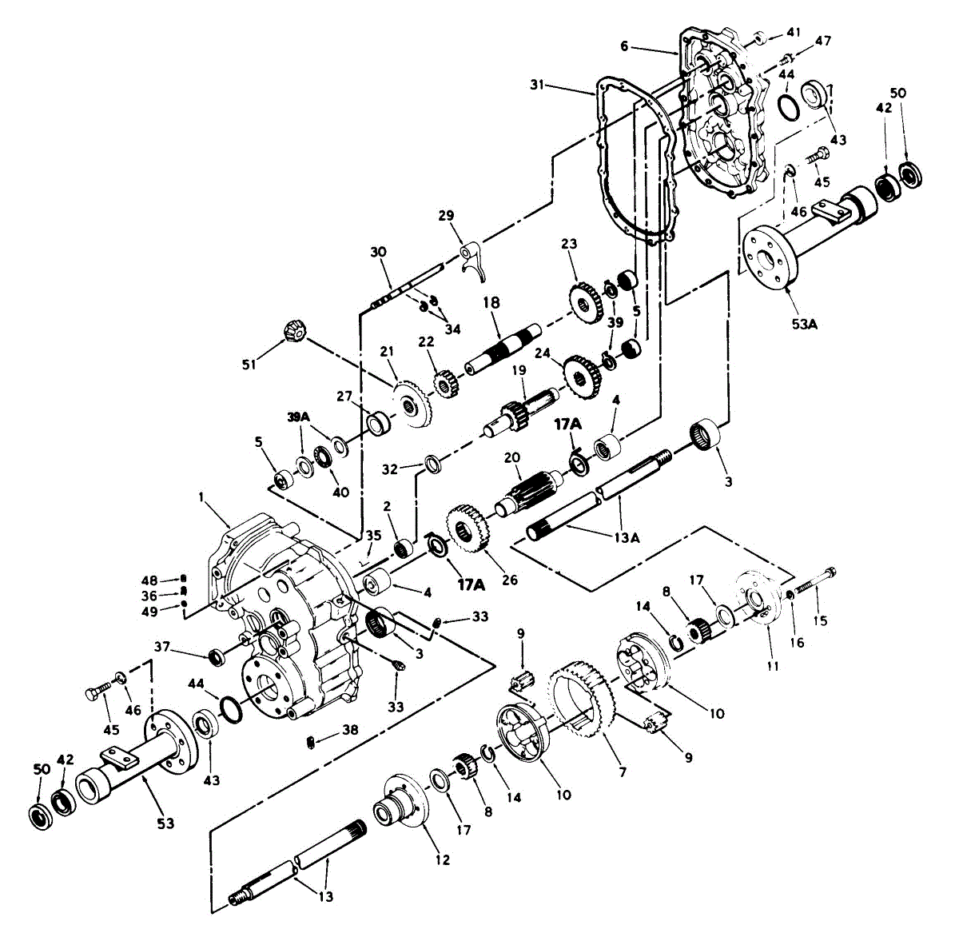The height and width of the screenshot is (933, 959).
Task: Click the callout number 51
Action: [249, 365]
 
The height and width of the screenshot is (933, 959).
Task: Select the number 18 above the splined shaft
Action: [491, 304]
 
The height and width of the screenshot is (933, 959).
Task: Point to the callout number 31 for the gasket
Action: [537, 83]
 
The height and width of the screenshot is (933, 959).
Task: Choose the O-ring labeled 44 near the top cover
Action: [787, 106]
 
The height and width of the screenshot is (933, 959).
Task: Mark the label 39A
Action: [300, 417]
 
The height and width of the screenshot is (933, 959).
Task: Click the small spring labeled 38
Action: [312, 744]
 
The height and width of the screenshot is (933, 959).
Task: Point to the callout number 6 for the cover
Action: [624, 46]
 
